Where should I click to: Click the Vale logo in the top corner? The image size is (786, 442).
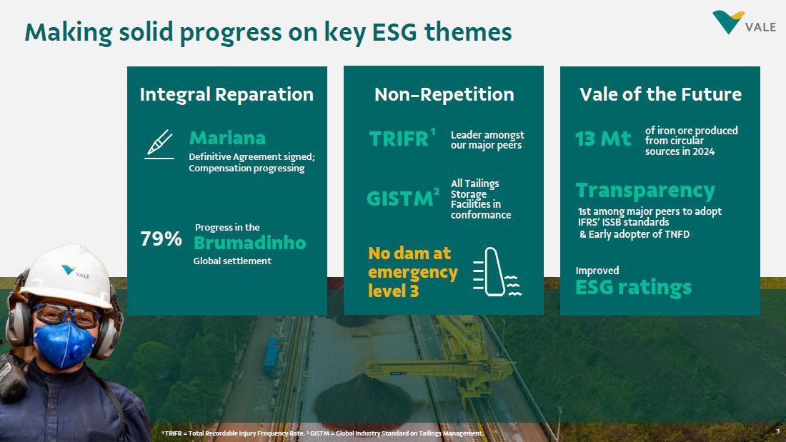(744, 23)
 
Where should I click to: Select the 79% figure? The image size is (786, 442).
(161, 239)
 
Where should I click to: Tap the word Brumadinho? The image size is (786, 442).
(249, 243)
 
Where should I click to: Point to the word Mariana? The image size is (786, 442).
(227, 138)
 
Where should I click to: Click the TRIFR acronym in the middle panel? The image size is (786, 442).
(399, 139)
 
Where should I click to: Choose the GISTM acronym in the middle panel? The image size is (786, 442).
(400, 199)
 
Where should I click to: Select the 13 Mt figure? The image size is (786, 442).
(603, 139)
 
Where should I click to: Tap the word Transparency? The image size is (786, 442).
(645, 191)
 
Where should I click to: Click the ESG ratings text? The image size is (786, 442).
(633, 288)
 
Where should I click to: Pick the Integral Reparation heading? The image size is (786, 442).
(227, 95)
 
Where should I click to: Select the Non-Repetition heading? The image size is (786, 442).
(444, 94)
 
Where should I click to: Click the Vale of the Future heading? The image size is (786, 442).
(660, 94)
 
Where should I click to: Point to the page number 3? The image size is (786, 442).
(777, 431)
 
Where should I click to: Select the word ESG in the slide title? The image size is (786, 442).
(394, 32)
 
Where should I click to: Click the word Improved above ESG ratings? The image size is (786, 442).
(597, 271)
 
